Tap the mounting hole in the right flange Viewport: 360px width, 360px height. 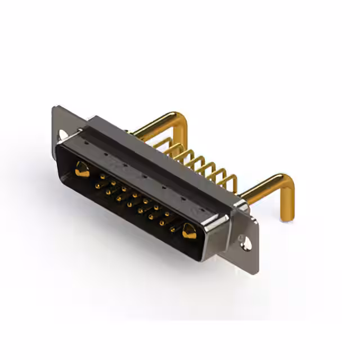246,243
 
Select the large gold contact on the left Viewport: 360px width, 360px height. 82,168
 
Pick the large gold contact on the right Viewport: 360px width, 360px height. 188,230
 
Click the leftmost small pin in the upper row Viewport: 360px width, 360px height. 102,176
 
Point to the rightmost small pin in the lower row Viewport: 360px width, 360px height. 173,229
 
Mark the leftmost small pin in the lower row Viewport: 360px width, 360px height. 97,185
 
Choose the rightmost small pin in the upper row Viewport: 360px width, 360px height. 167,214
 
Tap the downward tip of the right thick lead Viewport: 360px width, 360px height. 286,217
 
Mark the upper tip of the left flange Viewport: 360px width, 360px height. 56,109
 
